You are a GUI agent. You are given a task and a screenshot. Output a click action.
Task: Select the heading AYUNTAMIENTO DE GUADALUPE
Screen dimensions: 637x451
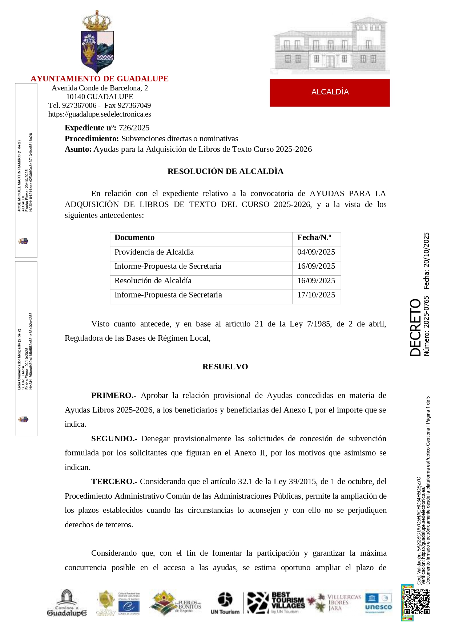tap(99, 79)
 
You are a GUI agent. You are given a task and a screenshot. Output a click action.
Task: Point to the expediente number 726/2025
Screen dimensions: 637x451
tap(134, 128)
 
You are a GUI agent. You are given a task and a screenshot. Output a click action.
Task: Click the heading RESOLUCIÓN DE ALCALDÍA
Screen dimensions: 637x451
tap(225, 171)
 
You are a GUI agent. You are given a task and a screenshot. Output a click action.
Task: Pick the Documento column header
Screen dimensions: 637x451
tap(134, 238)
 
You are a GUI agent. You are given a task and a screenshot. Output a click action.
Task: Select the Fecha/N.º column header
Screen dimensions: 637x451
tap(314, 238)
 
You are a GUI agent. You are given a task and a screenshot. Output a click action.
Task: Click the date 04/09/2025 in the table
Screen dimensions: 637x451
tap(316, 252)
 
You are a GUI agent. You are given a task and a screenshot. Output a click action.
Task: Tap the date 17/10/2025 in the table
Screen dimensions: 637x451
tap(316, 295)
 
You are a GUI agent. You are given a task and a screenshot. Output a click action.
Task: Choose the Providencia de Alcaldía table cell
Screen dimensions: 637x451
tap(154, 252)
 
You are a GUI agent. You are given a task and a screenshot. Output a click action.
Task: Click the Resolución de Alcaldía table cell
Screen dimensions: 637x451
tap(153, 281)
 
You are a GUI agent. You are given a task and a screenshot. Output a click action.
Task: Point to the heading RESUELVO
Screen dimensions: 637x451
tap(225, 367)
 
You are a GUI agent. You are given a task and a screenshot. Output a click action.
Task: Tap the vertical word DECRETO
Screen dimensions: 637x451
tap(415, 327)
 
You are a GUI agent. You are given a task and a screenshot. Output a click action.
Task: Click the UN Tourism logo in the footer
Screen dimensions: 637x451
tap(225, 603)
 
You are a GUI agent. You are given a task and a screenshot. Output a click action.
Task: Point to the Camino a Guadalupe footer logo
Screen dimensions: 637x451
tap(67, 603)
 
